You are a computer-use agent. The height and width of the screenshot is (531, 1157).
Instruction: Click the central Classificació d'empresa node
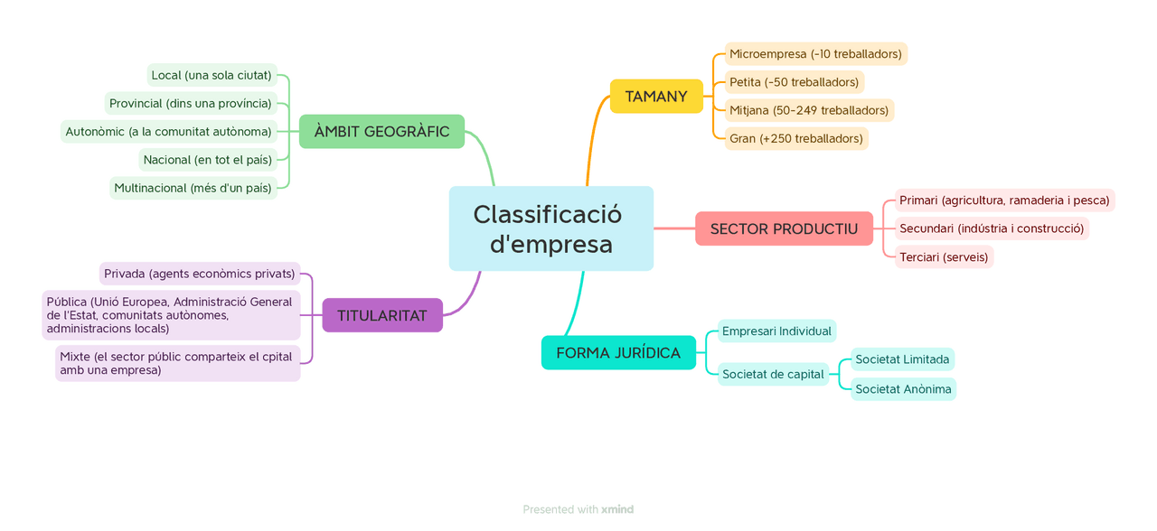tap(550, 228)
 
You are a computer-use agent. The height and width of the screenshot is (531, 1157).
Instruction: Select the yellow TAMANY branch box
tap(656, 97)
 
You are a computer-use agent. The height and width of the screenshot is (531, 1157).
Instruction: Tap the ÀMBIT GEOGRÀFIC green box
tap(381, 132)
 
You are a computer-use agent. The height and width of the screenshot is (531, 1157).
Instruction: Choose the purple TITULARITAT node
tap(382, 316)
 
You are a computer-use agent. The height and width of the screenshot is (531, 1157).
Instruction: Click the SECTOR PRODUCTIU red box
tap(784, 228)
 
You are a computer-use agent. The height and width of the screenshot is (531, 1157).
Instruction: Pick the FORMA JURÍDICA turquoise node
tap(618, 353)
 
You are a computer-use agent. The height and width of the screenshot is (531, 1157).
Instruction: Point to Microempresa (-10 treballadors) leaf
tap(815, 54)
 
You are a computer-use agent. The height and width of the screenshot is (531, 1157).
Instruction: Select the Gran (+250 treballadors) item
tap(795, 139)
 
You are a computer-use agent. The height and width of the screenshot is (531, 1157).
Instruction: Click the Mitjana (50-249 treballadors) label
tap(808, 110)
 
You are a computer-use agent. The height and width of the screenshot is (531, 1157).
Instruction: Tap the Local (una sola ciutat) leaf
tap(212, 75)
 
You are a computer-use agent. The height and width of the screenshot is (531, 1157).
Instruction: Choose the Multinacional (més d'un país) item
tap(193, 188)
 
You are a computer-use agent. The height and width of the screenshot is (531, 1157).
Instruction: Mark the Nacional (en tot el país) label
tap(207, 160)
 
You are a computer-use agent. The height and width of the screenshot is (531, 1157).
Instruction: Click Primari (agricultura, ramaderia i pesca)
tap(1003, 200)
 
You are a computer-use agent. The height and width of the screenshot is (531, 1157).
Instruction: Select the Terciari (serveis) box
tap(944, 257)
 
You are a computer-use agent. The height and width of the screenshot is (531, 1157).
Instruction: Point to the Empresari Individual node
tap(776, 331)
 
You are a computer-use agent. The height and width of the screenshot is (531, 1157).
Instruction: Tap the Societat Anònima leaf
tap(903, 389)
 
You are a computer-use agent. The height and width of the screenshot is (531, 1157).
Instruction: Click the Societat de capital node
tap(773, 374)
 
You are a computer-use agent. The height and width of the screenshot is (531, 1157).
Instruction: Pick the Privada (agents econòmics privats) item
tap(199, 274)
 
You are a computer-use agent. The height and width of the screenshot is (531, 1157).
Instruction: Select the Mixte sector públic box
tap(177, 363)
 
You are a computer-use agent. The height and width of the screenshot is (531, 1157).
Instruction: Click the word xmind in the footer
tap(617, 509)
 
